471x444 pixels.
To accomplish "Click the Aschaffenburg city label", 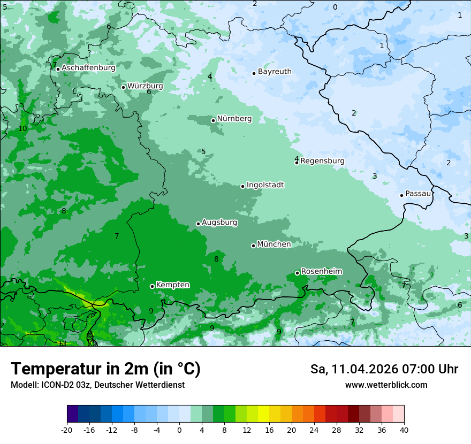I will point(88,68).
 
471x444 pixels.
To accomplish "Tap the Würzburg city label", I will point(145,86).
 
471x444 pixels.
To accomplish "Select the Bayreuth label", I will point(275,72).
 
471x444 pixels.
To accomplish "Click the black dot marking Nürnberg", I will point(213,120).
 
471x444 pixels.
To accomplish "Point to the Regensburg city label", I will point(322,160).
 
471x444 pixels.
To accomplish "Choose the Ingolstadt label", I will point(265,185).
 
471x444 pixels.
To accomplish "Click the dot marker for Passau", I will point(401,195).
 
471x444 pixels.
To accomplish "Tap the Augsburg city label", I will point(219,223).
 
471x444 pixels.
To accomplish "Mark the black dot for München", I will point(253,246).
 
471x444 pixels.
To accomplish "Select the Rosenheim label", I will point(321,272).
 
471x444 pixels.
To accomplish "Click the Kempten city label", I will point(172,285).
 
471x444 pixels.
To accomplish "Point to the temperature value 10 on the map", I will point(22,129).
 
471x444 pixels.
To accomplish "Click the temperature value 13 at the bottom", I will point(63,343).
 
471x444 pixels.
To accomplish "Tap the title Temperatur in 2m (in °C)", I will point(105,369).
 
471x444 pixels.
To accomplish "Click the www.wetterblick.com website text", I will point(386,385).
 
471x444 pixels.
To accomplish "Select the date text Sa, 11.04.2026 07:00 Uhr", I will point(384,369).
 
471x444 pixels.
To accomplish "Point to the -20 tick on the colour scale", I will point(67,430).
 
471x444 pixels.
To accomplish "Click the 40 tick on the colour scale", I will point(404,430).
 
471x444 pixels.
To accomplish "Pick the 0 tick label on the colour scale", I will point(179,430).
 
